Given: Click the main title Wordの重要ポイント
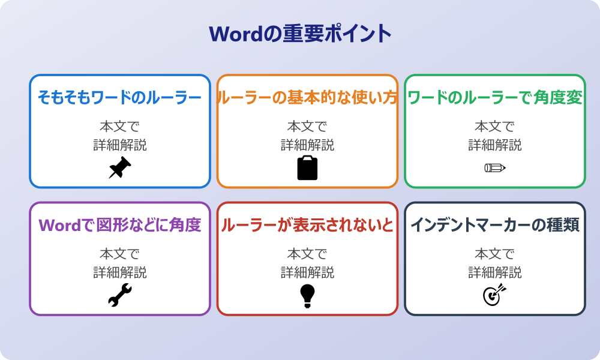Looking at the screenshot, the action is point(300,34).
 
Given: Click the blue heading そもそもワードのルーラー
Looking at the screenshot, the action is point(120,98).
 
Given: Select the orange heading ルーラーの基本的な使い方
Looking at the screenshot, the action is point(307,98).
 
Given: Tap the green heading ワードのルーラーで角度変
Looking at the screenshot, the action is point(495,98).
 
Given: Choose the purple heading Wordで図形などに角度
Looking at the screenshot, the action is point(120,225).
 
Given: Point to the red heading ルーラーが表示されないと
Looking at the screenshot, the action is point(307,225).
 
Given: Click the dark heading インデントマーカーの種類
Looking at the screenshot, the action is point(495,225).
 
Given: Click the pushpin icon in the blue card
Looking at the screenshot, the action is point(120,167).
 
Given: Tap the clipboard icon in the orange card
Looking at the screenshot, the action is point(307,167).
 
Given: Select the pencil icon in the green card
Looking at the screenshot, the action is point(495,167).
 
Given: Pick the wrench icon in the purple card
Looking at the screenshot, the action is point(120,295).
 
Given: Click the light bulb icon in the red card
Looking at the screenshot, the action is point(307,296).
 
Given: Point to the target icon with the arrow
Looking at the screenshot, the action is point(495,295).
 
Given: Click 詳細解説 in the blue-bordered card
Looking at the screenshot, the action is point(120,145).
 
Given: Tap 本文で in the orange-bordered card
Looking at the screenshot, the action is point(307,126).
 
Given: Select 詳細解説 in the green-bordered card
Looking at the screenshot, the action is point(495,145).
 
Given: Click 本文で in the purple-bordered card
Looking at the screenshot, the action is point(120,254).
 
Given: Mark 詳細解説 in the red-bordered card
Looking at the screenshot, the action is point(307,272).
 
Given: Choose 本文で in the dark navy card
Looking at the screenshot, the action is point(495,254).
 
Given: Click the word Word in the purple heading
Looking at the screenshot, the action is point(59,226).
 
